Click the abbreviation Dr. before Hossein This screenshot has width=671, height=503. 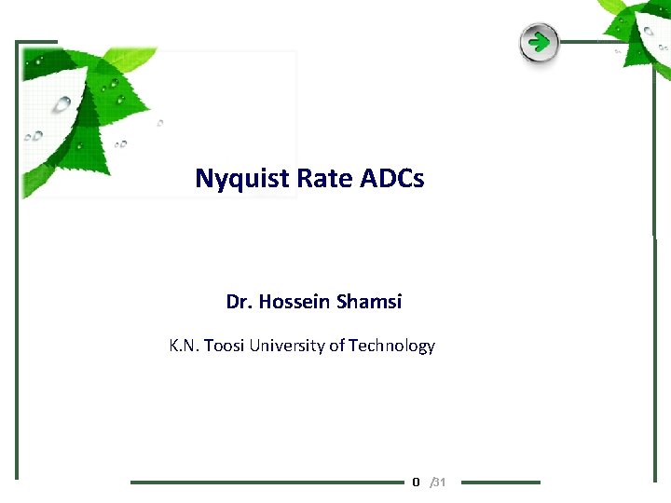click(x=240, y=302)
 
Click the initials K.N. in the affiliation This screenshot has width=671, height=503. click(x=185, y=346)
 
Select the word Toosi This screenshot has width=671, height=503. click(x=226, y=346)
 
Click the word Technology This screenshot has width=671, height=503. click(x=391, y=346)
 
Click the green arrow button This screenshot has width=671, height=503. click(x=539, y=42)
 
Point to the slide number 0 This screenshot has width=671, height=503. click(x=416, y=482)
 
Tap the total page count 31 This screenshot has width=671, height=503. click(x=440, y=482)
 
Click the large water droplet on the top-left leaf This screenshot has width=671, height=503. click(x=62, y=103)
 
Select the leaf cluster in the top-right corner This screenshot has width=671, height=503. click(x=638, y=33)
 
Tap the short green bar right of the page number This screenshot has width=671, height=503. click(x=500, y=483)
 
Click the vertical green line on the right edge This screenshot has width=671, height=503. click(x=654, y=354)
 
